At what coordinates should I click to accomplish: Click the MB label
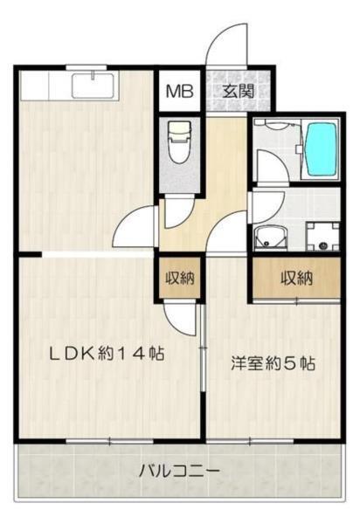[180, 90]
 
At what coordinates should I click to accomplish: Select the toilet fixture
[179, 145]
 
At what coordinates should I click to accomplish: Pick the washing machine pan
[320, 235]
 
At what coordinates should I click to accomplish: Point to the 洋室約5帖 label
[273, 362]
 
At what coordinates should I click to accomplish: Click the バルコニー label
[180, 472]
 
